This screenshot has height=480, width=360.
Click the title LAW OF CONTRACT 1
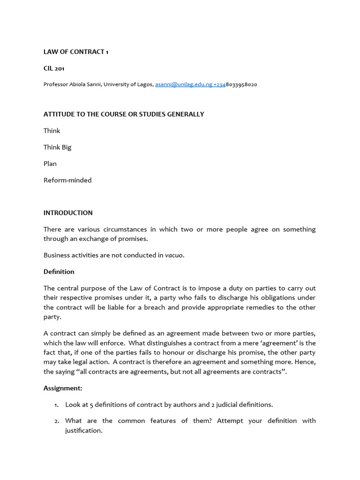coord(76,52)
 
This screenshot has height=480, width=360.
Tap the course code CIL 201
coord(54,68)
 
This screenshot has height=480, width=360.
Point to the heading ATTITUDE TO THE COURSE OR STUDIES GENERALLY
coord(124,114)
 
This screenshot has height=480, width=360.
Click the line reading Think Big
coord(57,147)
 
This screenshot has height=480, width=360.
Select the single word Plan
coord(50,164)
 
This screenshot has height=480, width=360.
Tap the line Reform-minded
coord(67,180)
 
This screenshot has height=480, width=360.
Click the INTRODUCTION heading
coord(68,213)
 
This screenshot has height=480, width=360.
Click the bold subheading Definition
coord(59,272)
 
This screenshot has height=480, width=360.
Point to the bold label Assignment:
coord(63,388)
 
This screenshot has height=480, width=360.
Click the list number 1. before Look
coord(56,405)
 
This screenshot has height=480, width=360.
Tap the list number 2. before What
coord(56,421)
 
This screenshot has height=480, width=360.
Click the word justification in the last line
coord(83,430)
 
